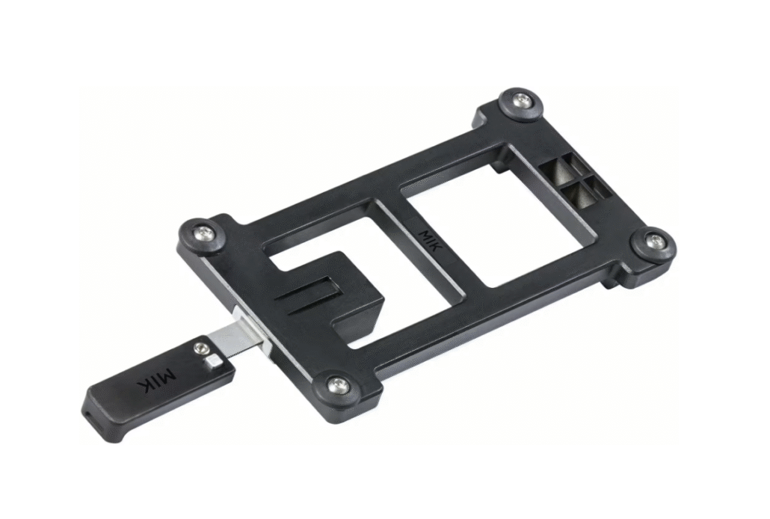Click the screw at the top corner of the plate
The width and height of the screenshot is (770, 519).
[521, 101]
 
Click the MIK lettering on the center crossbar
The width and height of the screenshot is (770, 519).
[431, 240]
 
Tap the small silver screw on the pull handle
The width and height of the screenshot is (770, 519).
[200, 349]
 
